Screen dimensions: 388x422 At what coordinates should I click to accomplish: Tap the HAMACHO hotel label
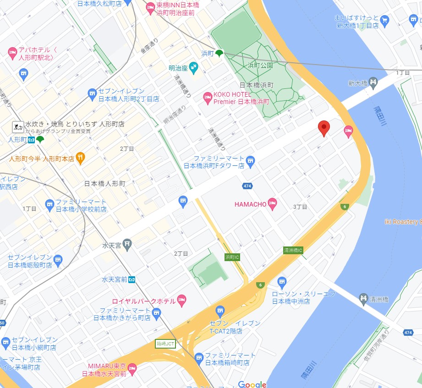pyautogui.click(x=250, y=204)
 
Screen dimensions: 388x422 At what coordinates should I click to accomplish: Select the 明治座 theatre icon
pyautogui.click(x=193, y=68)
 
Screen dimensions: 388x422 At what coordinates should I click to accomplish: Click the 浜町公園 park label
pyautogui.click(x=260, y=66)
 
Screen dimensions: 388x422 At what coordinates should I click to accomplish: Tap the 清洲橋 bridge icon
pyautogui.click(x=364, y=299)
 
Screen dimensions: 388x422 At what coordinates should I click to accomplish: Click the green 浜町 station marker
pyautogui.click(x=219, y=53)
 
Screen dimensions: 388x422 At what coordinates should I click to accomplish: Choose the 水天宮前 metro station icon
pyautogui.click(x=132, y=279)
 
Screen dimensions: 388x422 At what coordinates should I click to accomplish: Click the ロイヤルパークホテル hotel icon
pyautogui.click(x=181, y=301)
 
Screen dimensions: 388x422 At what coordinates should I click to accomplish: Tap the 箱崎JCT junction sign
pyautogui.click(x=165, y=344)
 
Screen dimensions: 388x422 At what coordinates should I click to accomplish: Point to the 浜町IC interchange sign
pyautogui.click(x=232, y=257)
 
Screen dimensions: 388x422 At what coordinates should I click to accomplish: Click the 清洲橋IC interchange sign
pyautogui.click(x=293, y=251)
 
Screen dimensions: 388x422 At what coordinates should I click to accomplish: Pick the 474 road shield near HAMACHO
pyautogui.click(x=247, y=186)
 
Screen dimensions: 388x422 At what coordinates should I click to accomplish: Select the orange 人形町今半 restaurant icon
pyautogui.click(x=81, y=158)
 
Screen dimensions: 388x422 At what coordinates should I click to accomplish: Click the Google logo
pyautogui.click(x=252, y=384)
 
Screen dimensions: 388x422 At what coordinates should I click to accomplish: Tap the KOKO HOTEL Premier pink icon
pyautogui.click(x=208, y=97)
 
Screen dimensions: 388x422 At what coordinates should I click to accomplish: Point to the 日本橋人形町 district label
pyautogui.click(x=104, y=184)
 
